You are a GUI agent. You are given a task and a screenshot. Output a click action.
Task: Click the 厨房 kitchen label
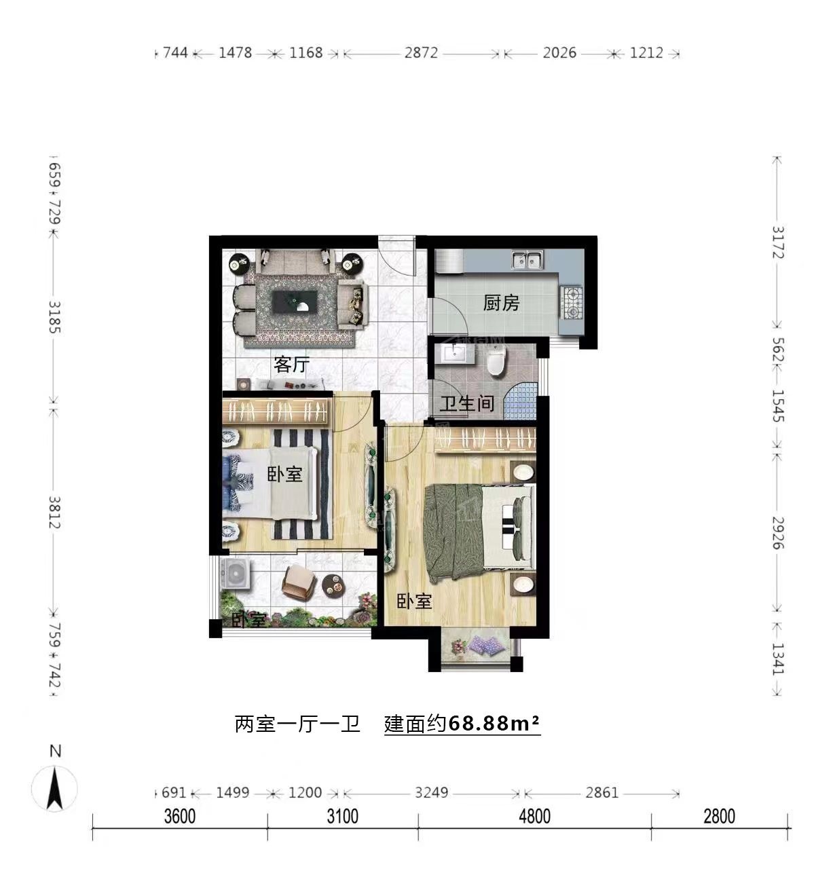[x=501, y=303]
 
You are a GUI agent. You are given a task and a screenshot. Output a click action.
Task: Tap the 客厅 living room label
[x=292, y=365]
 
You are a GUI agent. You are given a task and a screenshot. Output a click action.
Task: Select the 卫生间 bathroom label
[x=467, y=404]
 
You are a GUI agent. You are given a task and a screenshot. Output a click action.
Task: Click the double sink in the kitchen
[x=527, y=260]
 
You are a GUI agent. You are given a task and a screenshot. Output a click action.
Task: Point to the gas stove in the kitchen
[x=573, y=303]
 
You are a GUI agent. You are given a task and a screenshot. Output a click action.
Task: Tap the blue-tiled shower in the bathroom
[x=521, y=401]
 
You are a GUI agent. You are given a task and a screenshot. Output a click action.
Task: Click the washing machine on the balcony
[x=235, y=574]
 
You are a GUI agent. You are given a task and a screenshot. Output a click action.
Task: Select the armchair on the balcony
[x=299, y=583]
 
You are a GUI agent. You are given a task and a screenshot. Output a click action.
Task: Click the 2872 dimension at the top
[x=421, y=53]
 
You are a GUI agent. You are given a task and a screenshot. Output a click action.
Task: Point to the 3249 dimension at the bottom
[x=431, y=793]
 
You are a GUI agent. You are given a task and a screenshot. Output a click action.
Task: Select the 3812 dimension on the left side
[x=54, y=512]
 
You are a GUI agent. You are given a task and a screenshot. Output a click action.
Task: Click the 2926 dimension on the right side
[x=778, y=533]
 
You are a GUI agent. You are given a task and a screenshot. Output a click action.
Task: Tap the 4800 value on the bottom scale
[x=534, y=816]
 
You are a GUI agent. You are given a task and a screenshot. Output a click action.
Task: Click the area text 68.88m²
[x=494, y=723]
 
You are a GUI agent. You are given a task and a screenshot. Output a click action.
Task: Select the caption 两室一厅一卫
[x=297, y=724]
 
